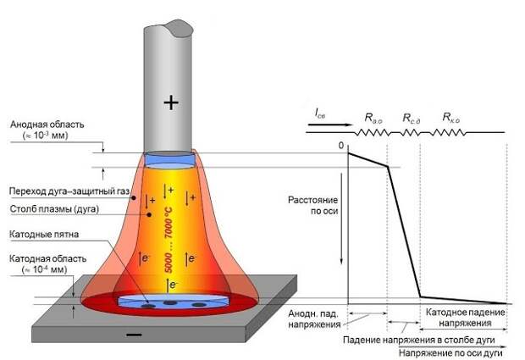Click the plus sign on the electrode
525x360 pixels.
coord(171,102)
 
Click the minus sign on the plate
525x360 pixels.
coord(135,335)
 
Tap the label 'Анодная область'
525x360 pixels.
coord(47,125)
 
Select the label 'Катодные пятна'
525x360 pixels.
coord(44,234)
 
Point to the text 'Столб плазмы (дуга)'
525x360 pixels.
coord(54,209)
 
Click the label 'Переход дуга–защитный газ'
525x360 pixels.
coord(69,191)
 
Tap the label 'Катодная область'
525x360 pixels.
coord(47,259)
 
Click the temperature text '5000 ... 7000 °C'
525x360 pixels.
coord(169,240)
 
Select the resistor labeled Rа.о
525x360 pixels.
coord(373,133)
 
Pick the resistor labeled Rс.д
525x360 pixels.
coord(411,133)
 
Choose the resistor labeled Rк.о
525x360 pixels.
coord(447,133)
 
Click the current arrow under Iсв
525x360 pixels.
coord(329,125)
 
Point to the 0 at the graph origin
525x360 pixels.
coord(341,146)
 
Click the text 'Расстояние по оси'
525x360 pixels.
coord(312,205)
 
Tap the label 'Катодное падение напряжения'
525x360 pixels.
coord(465,318)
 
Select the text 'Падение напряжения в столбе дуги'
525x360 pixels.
coord(419,340)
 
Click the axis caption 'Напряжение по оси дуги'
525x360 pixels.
coord(450,353)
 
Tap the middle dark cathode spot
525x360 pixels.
coord(170,302)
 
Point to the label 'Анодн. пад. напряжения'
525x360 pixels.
coord(314,319)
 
